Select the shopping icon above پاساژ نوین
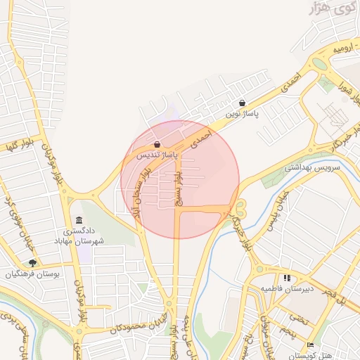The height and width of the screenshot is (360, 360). (x=243, y=103)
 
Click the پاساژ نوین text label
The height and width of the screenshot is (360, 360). (x=243, y=113)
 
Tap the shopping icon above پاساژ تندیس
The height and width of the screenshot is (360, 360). (x=156, y=145)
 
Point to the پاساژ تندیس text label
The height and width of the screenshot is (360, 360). (x=157, y=154)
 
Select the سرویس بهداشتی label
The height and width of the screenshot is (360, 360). (x=311, y=167)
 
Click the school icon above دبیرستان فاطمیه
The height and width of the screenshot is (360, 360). (x=286, y=278)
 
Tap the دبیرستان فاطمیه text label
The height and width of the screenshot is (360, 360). (x=287, y=289)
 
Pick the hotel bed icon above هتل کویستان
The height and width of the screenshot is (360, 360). (x=311, y=345)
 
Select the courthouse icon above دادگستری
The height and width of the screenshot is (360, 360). (x=78, y=220)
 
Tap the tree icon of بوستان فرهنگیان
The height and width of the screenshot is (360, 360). (x=32, y=263)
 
